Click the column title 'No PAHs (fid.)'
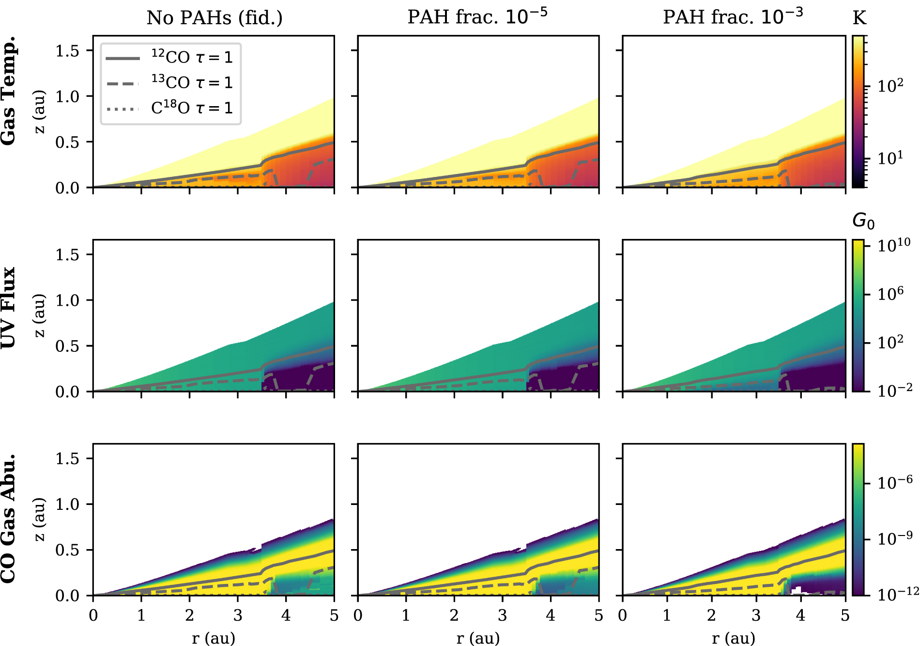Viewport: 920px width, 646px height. point(215,18)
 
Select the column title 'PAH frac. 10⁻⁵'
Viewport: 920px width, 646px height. point(477,17)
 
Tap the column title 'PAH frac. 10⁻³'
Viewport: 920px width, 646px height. point(733,17)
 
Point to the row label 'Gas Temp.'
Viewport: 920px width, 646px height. point(9,91)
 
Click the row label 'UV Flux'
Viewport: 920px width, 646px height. point(9,307)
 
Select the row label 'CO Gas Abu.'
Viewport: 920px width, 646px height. point(9,519)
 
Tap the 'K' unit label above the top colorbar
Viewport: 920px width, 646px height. point(859,18)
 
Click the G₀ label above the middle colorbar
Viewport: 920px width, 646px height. point(863,221)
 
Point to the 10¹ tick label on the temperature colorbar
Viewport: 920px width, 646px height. point(890,157)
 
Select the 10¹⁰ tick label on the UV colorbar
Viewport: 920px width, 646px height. point(894,245)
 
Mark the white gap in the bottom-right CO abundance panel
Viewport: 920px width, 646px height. point(800,591)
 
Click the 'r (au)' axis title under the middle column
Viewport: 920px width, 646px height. point(478,638)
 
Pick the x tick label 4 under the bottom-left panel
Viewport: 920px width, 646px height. point(286,615)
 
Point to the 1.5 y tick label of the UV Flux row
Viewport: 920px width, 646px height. point(67,254)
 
